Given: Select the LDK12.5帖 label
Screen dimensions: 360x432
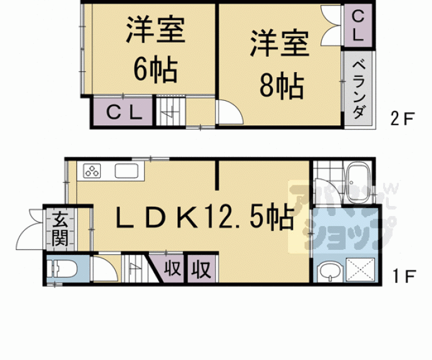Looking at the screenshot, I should (x=203, y=218).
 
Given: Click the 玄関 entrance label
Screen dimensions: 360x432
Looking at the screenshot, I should (x=60, y=229).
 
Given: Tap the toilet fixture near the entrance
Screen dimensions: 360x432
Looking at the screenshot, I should (x=62, y=269).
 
